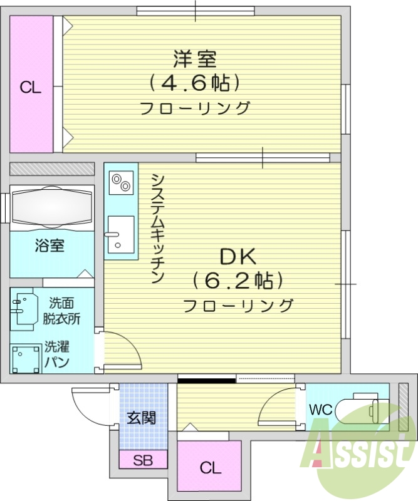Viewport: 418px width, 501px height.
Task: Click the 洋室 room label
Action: [195, 59]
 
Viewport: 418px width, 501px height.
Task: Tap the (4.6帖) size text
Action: [195, 83]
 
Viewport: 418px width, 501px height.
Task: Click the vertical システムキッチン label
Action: [157, 228]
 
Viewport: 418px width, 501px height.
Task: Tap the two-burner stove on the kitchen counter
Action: [120, 182]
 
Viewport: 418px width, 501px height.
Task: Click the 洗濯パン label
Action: [56, 354]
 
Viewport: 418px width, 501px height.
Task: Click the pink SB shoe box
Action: [143, 460]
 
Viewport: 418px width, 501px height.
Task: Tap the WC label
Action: [320, 410]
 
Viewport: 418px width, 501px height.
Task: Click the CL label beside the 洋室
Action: [30, 88]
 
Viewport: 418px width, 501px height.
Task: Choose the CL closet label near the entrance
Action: [210, 467]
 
